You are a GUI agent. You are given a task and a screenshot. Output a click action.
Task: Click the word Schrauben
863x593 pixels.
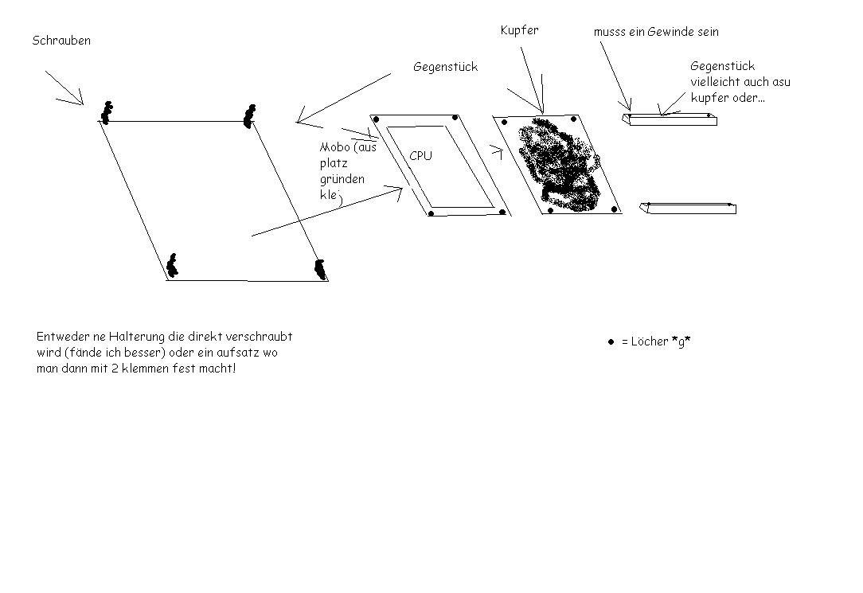click(x=61, y=41)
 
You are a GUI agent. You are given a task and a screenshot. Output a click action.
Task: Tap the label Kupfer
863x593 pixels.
click(x=519, y=31)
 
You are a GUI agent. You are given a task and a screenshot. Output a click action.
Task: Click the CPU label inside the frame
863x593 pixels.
click(x=420, y=156)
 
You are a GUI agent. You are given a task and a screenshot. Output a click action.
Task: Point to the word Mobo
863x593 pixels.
click(x=334, y=147)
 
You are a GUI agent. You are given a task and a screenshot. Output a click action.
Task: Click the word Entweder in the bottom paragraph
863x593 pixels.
click(x=60, y=336)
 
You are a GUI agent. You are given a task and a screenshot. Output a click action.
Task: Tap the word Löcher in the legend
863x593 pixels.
click(x=650, y=341)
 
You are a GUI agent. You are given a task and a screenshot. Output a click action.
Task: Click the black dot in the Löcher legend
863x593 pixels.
click(x=611, y=342)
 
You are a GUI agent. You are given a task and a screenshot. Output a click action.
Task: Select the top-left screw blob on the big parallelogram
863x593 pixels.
click(x=106, y=113)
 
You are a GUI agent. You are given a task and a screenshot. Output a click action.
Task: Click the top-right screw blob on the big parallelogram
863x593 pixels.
click(x=250, y=115)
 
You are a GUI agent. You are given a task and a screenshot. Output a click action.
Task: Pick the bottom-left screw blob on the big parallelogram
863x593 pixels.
click(x=172, y=266)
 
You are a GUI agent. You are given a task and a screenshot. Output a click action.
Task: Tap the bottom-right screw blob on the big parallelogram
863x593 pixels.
click(x=320, y=270)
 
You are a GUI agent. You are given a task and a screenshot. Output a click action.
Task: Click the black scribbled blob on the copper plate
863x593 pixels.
click(x=557, y=164)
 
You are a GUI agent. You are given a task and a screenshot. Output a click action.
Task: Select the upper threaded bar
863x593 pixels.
click(x=670, y=119)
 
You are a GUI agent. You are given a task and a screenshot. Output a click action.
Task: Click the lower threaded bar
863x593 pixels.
click(x=688, y=209)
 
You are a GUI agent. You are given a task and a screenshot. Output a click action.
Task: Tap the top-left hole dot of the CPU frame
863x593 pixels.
click(x=377, y=119)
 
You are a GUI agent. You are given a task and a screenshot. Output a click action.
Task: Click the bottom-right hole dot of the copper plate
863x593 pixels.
click(x=615, y=209)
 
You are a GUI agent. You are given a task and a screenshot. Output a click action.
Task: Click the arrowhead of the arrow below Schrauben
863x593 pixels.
click(x=82, y=103)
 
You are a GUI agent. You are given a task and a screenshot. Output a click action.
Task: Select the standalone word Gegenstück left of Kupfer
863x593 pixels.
click(x=445, y=67)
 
